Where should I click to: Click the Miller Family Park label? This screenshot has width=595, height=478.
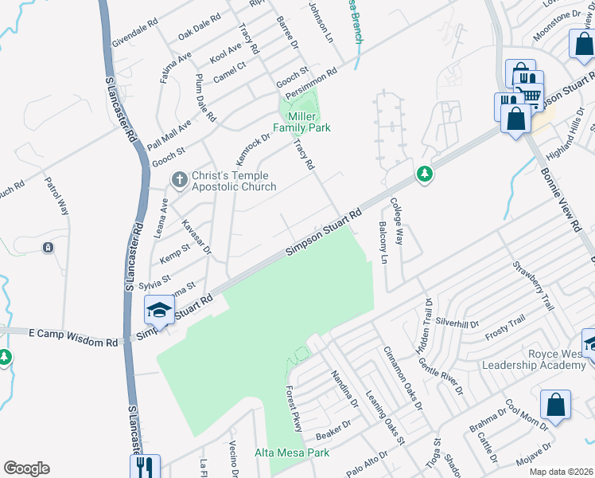click(301, 122)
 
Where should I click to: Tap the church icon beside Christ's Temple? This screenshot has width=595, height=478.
click(179, 180)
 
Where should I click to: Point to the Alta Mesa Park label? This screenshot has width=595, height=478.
click(292, 453)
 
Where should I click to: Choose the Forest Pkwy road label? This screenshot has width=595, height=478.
click(294, 409)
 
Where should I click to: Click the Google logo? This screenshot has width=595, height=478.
click(26, 468)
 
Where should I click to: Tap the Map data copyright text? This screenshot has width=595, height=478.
click(561, 472)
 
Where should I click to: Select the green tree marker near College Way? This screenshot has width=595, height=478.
click(426, 174)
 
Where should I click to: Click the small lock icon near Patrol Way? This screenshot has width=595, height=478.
click(49, 248)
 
